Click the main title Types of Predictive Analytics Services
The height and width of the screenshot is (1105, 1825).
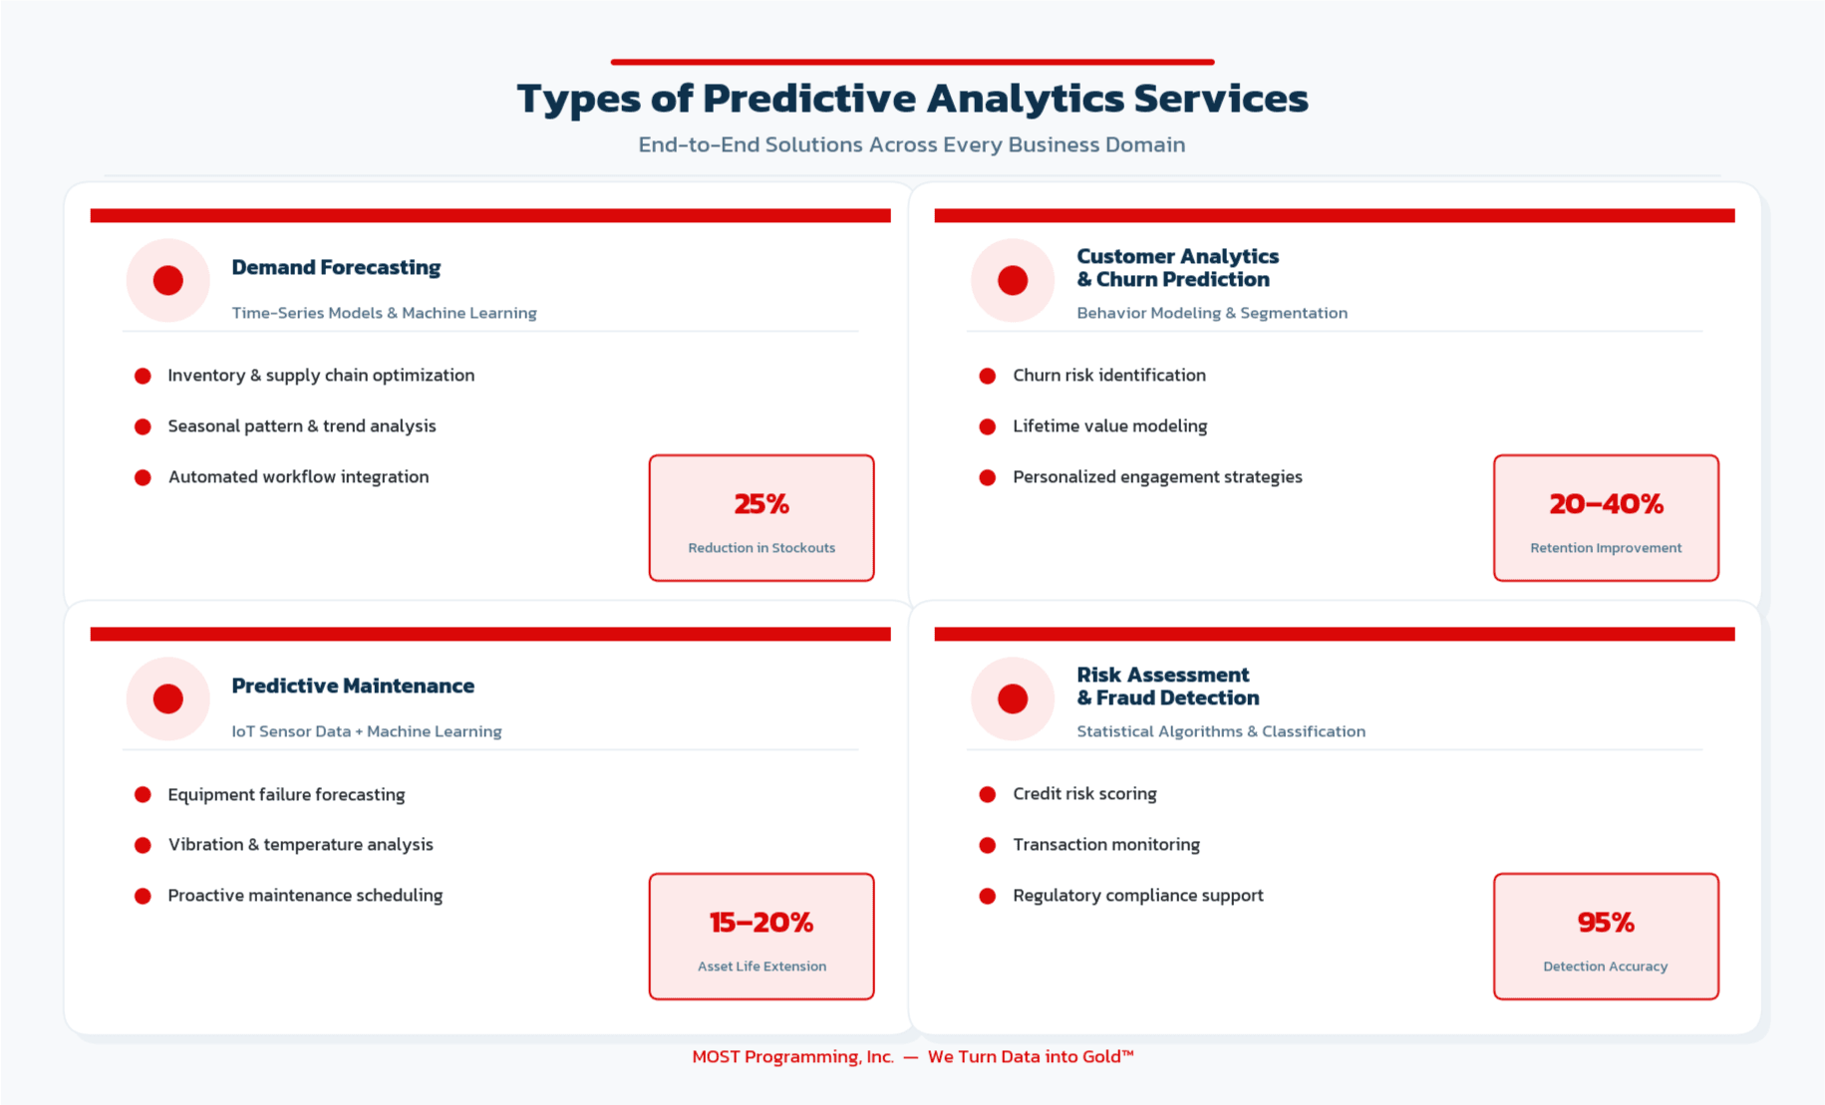pyautogui.click(x=912, y=98)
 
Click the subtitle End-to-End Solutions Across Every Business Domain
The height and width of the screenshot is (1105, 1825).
pyautogui.click(x=912, y=144)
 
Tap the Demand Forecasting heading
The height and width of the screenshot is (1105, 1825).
pyautogui.click(x=336, y=267)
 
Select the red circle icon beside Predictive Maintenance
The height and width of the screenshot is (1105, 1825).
pyautogui.click(x=167, y=698)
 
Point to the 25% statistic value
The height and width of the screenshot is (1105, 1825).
pyautogui.click(x=761, y=504)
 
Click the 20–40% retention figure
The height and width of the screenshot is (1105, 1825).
pyautogui.click(x=1606, y=504)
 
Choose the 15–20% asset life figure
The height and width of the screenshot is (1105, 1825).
pyautogui.click(x=761, y=923)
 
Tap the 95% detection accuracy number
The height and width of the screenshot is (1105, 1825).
pyautogui.click(x=1606, y=923)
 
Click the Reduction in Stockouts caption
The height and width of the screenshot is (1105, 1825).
pyautogui.click(x=761, y=548)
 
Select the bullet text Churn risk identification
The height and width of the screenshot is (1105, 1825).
pyautogui.click(x=1108, y=376)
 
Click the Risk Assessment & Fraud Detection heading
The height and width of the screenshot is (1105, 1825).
pyautogui.click(x=1167, y=687)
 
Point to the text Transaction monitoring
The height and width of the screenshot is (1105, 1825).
pyautogui.click(x=1105, y=845)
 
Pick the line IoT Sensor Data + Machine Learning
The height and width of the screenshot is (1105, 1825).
pyautogui.click(x=366, y=731)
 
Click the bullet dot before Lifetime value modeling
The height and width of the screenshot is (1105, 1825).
pyautogui.click(x=987, y=426)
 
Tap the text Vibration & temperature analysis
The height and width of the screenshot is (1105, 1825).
pyautogui.click(x=300, y=845)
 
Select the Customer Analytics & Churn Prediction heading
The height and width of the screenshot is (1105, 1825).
pyautogui.click(x=1176, y=268)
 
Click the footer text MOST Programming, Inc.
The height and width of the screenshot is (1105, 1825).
pyautogui.click(x=792, y=1056)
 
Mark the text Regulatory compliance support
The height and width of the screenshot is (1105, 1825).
pyautogui.click(x=1137, y=896)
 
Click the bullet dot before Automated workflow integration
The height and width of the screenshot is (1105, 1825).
pyautogui.click(x=143, y=477)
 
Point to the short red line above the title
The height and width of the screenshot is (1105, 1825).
pyautogui.click(x=912, y=62)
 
